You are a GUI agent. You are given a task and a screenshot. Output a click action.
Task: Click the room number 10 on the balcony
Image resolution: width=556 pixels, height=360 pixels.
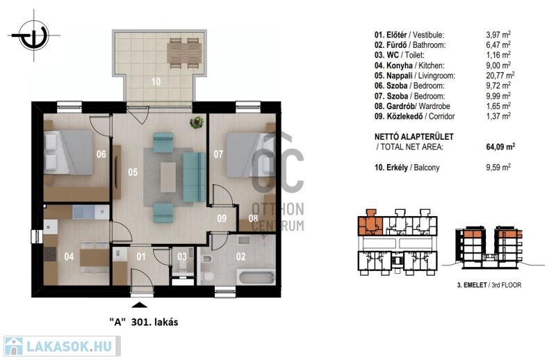[156, 81]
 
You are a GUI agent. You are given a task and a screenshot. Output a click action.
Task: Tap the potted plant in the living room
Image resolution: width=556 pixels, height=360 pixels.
[197, 122]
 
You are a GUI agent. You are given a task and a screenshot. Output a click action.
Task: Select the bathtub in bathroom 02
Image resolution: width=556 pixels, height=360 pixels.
[256, 277]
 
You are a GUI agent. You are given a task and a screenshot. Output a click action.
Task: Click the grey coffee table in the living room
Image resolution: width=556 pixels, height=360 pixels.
[167, 177]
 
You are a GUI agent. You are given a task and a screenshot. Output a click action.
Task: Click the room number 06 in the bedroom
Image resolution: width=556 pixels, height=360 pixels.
[101, 154]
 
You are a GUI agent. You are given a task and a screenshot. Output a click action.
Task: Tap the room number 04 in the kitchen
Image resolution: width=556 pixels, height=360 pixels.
[69, 256]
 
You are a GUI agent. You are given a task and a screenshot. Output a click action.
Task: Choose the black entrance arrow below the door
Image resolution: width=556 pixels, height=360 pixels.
[140, 304]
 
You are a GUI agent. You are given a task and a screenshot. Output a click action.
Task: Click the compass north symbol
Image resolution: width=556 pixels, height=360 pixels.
[33, 35]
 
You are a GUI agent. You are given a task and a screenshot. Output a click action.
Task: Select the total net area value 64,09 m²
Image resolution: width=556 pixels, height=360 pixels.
[500, 146]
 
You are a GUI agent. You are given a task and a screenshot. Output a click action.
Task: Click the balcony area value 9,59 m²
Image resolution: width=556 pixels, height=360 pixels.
[498, 167]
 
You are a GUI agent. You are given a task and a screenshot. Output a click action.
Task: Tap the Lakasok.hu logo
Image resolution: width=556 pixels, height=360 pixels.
[62, 346]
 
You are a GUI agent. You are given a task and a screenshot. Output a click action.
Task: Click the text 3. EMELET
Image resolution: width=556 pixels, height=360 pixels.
[472, 285]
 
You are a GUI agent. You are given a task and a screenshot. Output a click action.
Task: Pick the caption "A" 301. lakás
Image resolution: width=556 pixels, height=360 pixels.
[144, 322]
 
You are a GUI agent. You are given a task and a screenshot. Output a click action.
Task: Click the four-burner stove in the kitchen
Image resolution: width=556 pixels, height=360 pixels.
[50, 254]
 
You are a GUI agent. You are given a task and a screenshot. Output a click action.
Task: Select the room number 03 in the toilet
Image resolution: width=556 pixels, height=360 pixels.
[182, 256]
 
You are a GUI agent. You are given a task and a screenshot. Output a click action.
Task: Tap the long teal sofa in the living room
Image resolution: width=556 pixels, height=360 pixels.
[195, 177]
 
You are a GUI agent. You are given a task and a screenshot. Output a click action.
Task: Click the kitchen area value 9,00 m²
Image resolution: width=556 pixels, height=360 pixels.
[498, 65]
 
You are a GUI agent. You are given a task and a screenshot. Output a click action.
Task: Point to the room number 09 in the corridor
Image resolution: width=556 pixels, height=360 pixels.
[222, 218]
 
